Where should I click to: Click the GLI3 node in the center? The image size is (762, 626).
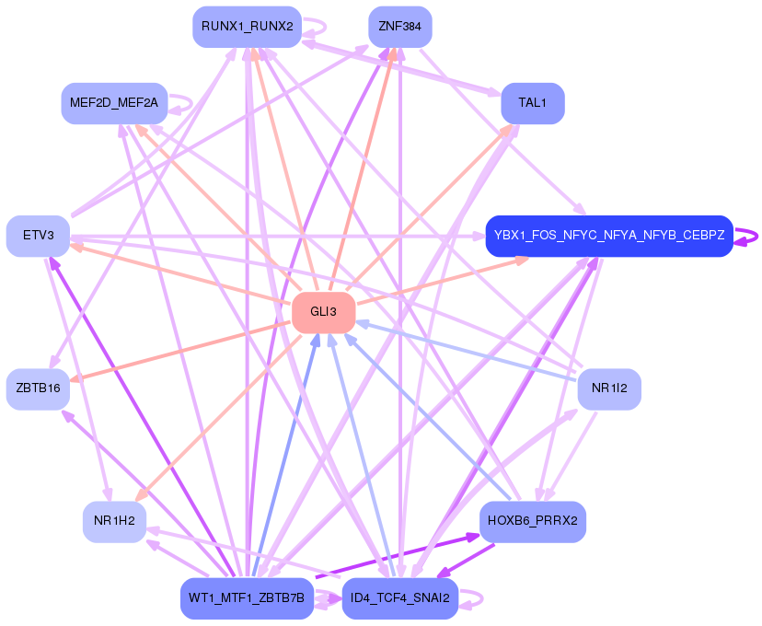tap(323, 312)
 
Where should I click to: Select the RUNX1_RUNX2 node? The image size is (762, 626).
tap(247, 27)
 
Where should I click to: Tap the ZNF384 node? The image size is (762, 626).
tap(399, 27)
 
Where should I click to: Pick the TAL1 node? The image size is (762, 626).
tap(532, 102)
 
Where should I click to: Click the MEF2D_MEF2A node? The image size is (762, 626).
tap(114, 102)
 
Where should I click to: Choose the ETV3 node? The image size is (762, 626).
tap(38, 236)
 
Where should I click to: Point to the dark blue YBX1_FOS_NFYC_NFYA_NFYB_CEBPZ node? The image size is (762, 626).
tap(608, 236)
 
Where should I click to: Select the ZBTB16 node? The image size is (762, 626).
tap(38, 388)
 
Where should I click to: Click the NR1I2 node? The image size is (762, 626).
tap(608, 388)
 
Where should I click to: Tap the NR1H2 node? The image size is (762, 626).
tap(114, 522)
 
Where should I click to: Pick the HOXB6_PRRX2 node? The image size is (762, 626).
tap(532, 521)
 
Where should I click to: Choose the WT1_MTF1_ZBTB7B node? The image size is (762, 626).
tap(246, 598)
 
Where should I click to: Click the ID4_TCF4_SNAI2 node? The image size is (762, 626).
tap(399, 598)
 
